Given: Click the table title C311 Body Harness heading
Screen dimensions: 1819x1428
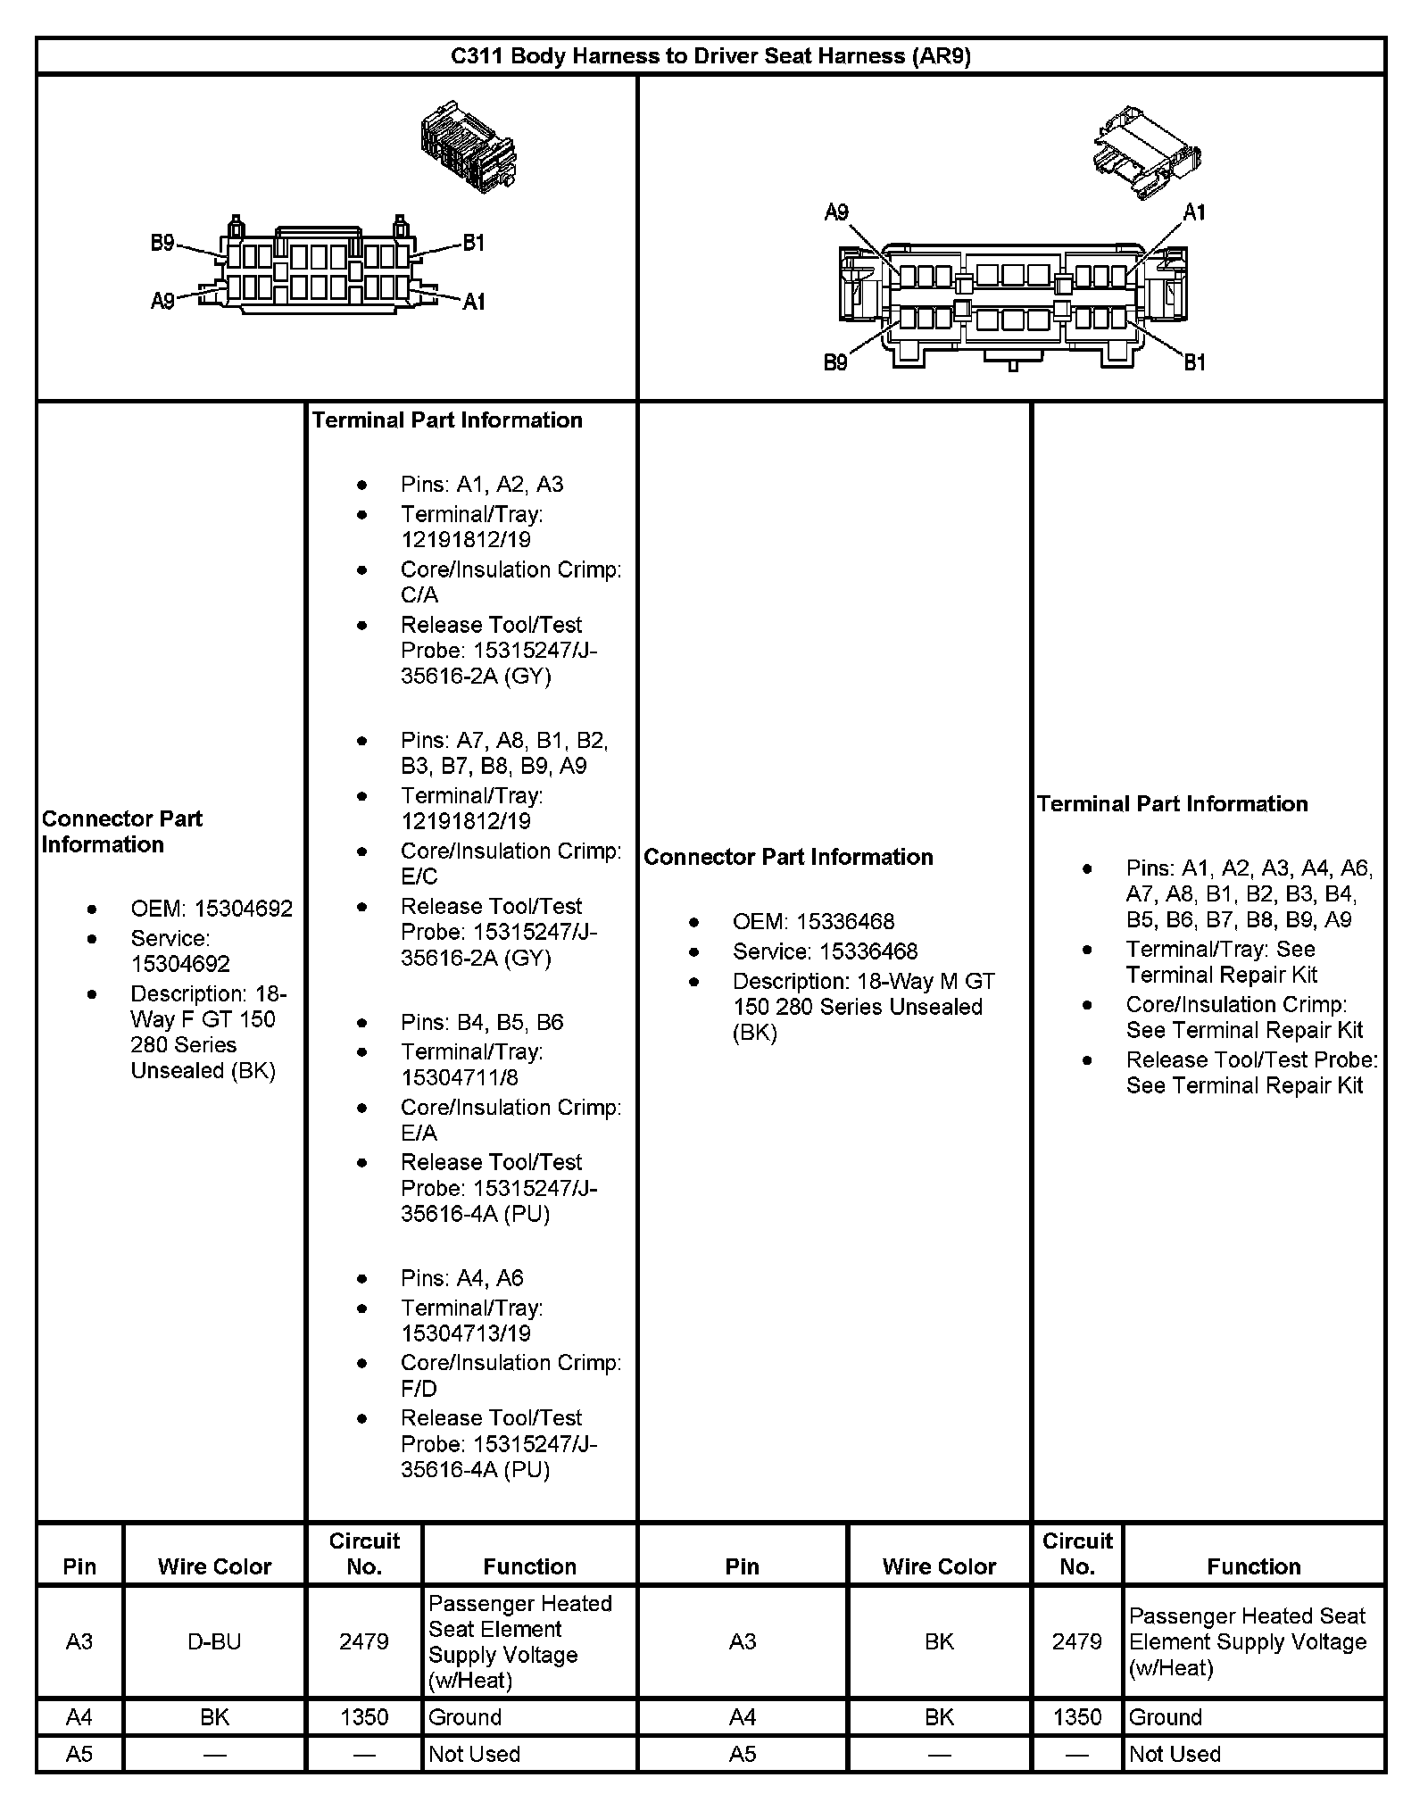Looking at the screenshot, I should pos(710,56).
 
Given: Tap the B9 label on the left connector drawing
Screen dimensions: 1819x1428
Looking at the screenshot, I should pos(162,243).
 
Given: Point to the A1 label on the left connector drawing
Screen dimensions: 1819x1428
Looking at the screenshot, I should pos(474,302).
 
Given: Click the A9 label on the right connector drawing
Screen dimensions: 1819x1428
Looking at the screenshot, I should pos(836,212).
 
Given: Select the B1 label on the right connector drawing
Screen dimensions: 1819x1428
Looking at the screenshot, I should pos(1194,362).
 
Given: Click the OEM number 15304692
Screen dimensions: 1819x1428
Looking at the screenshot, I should pos(243,909).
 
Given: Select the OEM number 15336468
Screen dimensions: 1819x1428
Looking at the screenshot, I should pos(845,921).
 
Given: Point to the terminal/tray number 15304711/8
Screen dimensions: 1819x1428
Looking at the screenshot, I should pos(460,1077).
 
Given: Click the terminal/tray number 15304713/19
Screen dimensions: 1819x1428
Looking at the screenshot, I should pos(466,1333).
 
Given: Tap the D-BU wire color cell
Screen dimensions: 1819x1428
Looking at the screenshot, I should pos(214,1641).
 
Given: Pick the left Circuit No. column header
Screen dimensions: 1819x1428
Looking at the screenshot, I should pos(364,1554).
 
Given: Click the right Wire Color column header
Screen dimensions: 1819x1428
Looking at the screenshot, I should pos(939,1566).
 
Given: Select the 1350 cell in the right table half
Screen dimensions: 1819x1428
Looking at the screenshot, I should pos(1077,1717).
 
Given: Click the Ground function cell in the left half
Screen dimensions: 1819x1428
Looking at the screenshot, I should pos(465,1717).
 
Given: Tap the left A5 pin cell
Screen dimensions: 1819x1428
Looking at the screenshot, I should pos(79,1754).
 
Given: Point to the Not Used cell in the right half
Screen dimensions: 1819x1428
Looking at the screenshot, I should pos(1175,1754).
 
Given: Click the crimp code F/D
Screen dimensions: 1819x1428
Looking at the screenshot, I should pos(419,1389).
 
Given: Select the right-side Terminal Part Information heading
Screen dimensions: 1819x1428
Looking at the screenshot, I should pos(1172,803).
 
